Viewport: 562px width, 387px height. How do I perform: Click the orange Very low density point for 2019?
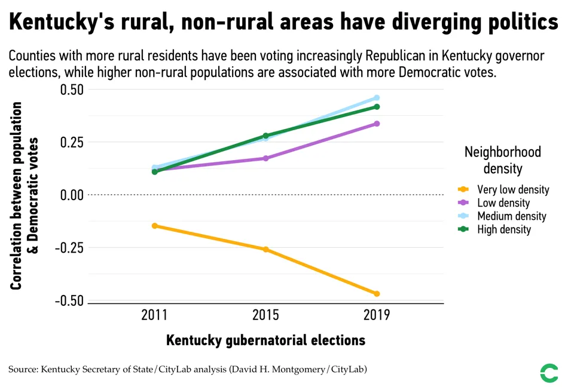[x=377, y=294]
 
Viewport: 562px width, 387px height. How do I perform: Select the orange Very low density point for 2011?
[x=155, y=226]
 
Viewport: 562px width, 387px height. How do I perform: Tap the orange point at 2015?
[x=266, y=249]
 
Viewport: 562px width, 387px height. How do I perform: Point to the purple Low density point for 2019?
[x=377, y=124]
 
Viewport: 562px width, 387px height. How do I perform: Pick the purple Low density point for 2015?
[x=266, y=158]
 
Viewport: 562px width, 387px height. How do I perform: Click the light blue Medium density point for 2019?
[x=377, y=98]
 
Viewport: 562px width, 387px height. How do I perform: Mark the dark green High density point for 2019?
[x=377, y=107]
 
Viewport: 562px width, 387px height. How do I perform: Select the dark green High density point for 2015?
[x=266, y=136]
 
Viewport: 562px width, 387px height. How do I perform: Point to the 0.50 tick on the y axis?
[x=72, y=90]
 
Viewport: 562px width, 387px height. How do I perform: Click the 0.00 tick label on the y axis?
[x=72, y=195]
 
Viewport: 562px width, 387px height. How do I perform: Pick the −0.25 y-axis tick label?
[x=69, y=248]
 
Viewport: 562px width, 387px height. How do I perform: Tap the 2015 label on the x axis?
[x=266, y=315]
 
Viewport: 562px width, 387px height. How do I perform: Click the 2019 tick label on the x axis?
[x=377, y=315]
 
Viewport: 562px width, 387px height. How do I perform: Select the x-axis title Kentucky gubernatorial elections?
[x=265, y=340]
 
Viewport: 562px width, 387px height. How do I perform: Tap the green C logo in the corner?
[x=548, y=373]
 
